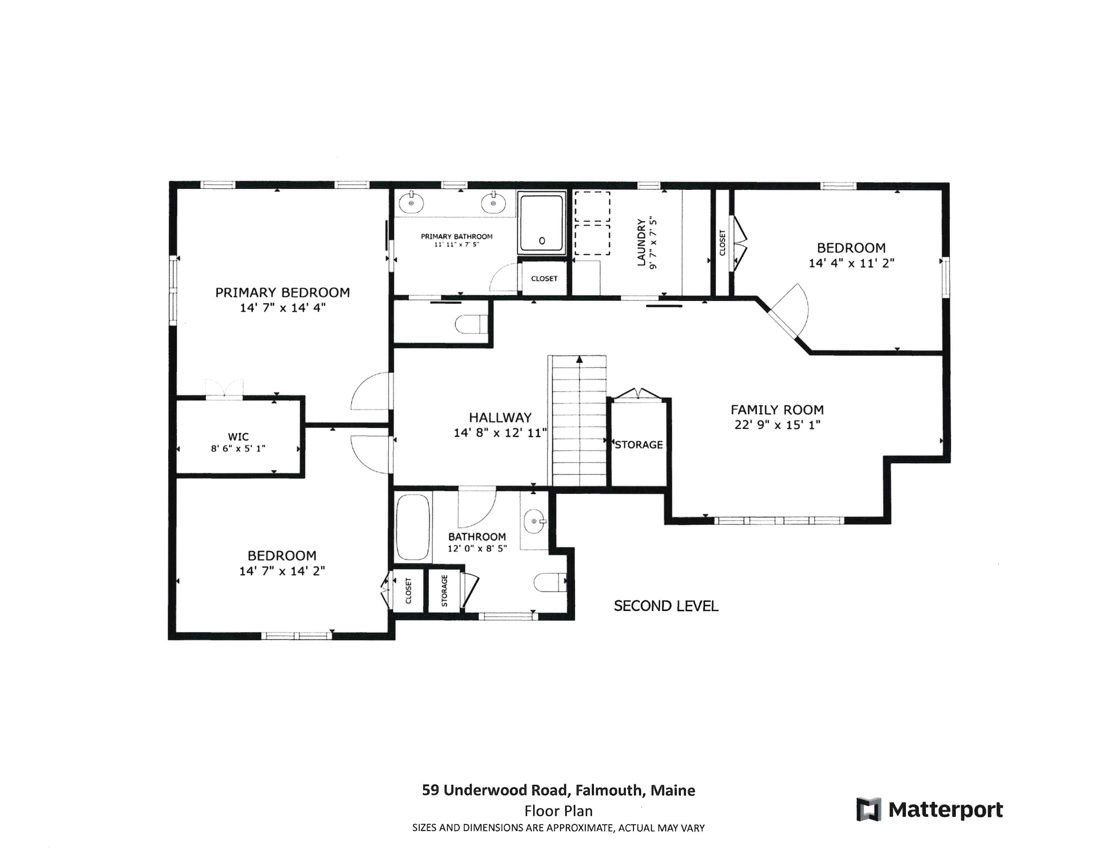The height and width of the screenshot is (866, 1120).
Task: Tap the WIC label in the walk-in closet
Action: (238, 437)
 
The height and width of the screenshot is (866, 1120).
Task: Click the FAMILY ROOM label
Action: (777, 410)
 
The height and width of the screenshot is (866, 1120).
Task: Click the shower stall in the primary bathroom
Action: (542, 223)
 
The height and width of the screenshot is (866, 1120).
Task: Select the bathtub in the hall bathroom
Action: (413, 527)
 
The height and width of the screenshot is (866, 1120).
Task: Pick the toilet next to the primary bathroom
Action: (471, 324)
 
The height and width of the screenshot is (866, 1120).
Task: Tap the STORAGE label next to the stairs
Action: (638, 445)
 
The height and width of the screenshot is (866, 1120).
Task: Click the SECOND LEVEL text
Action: (666, 606)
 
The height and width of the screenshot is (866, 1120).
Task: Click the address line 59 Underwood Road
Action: (558, 790)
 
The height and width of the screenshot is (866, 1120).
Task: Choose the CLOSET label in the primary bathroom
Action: (544, 278)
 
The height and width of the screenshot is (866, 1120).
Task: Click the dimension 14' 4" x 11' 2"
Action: (851, 263)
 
